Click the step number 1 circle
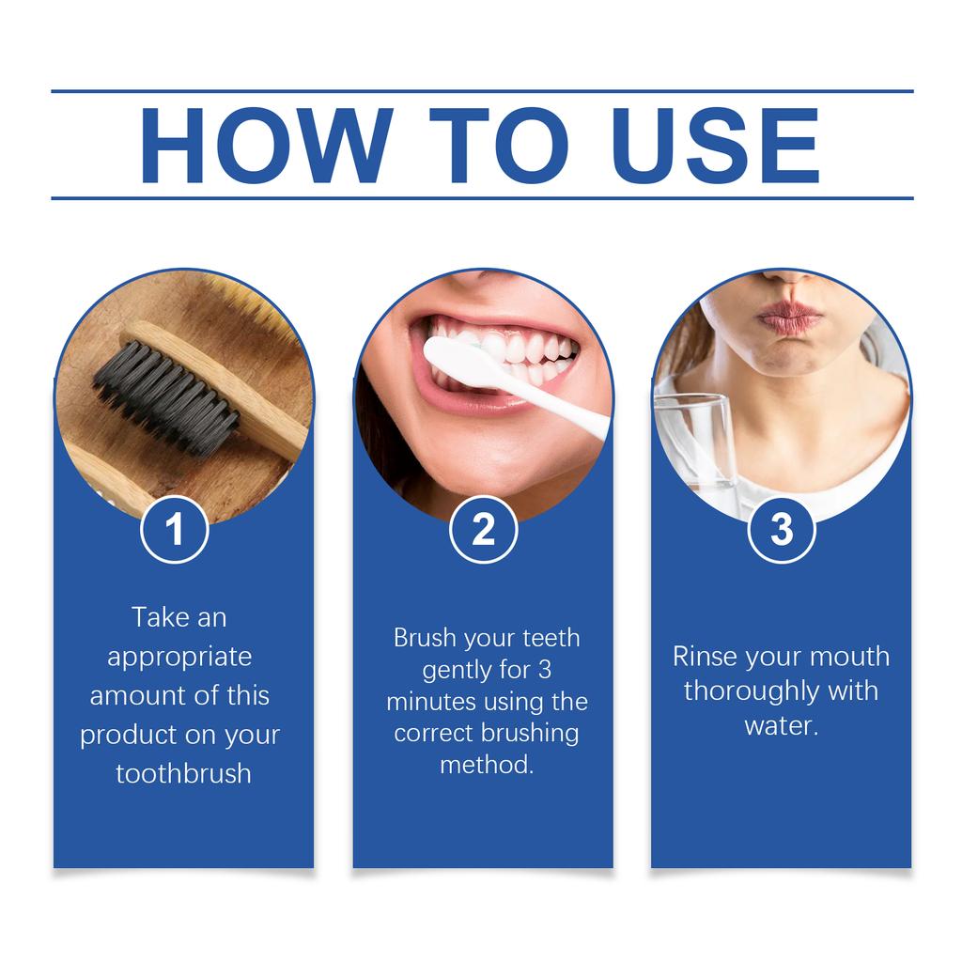point(174,530)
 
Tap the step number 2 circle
point(483,530)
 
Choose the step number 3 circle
point(782,530)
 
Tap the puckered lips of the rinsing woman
point(788,318)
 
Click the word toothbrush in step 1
point(183,773)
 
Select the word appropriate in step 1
point(179,657)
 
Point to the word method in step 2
point(485,765)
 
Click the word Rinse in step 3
point(705,656)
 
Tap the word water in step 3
point(780,725)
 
